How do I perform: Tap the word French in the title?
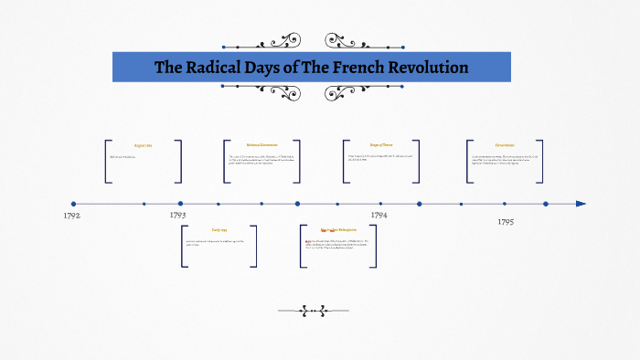(355, 68)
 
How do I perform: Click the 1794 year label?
(379, 215)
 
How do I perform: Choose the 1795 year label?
(506, 222)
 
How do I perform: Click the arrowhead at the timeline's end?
(581, 204)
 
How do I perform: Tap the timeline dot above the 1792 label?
(74, 204)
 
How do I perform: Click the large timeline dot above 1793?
(180, 204)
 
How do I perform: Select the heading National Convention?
(261, 144)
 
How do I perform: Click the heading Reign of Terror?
(381, 144)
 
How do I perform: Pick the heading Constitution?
(505, 144)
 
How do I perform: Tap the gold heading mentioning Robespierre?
(336, 229)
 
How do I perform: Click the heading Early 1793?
(219, 229)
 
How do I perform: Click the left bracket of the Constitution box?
(469, 163)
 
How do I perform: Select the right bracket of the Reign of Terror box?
(417, 163)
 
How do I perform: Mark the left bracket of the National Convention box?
(226, 163)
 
